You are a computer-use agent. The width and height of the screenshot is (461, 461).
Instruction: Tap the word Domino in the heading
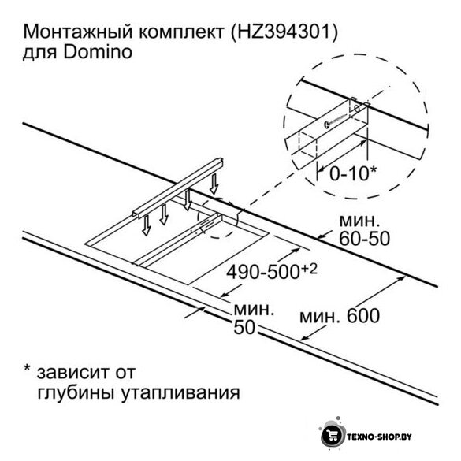[98, 52]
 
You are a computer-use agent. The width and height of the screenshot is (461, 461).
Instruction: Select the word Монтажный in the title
[78, 32]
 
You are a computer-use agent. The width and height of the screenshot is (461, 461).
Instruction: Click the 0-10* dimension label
[353, 173]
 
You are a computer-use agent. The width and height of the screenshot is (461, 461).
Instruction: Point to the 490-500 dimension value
[262, 272]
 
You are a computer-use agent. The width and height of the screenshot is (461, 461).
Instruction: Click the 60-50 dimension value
[365, 238]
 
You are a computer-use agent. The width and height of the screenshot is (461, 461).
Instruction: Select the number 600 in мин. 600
[363, 316]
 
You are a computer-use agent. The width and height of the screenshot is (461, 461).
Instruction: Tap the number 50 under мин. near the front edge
[244, 326]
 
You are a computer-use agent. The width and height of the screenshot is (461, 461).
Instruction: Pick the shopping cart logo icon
[333, 436]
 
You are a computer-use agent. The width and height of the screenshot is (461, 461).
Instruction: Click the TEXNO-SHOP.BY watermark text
[379, 437]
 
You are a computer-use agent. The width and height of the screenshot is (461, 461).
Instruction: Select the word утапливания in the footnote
[180, 393]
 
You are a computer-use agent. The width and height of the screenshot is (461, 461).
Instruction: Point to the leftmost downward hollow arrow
[146, 225]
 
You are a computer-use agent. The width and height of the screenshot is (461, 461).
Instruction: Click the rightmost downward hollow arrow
[214, 184]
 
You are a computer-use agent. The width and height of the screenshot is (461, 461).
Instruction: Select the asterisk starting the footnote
[28, 368]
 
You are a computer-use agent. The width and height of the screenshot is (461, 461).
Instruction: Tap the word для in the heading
[39, 54]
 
